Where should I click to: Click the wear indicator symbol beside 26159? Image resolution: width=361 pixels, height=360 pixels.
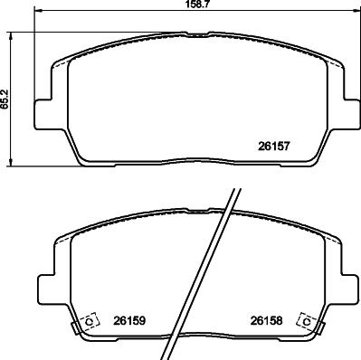pyautogui.click(x=90, y=322)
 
